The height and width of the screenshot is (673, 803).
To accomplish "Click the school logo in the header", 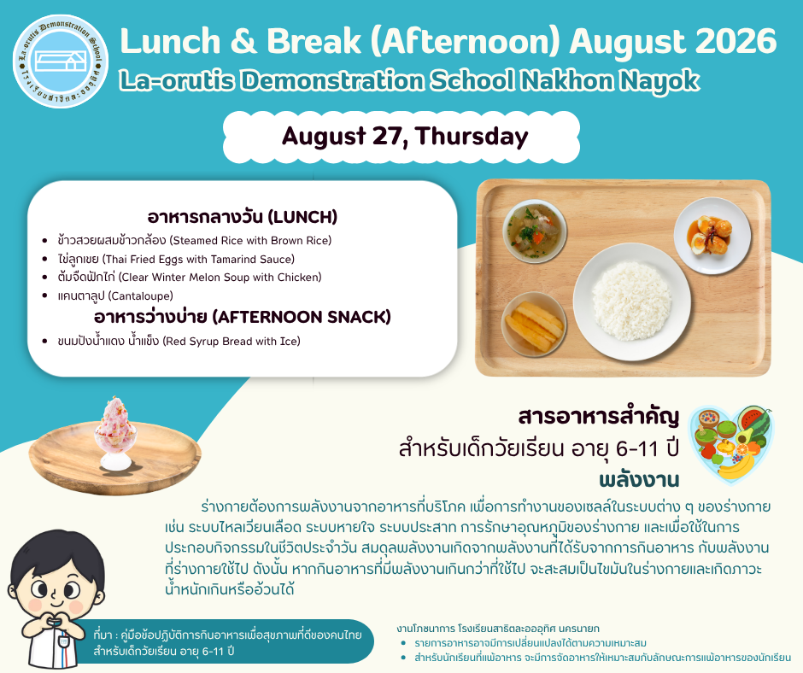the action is tap(61, 61).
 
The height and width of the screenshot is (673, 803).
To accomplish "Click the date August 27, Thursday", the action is tap(405, 137).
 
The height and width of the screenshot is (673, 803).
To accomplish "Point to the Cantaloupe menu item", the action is tap(115, 296).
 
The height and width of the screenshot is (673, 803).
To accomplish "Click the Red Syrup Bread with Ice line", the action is tap(179, 341).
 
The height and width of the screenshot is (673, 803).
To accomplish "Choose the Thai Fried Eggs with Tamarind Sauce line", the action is tap(176, 259).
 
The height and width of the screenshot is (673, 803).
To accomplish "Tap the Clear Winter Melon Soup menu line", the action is tap(190, 277).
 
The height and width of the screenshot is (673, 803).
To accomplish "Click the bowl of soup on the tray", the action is tap(535, 231).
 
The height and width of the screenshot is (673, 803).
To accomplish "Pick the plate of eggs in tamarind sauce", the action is tap(712, 235).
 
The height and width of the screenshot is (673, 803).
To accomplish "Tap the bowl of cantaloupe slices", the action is tap(534, 325).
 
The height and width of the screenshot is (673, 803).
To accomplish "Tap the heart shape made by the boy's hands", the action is tap(56, 622).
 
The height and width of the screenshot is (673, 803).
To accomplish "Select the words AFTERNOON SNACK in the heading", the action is tap(302, 317).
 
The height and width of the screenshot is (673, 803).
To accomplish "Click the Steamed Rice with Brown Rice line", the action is tap(195, 240).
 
